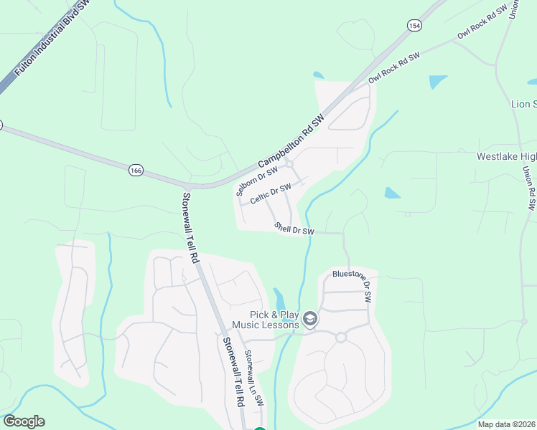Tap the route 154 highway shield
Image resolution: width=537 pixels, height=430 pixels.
coord(414,25)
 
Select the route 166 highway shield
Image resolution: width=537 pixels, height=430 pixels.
coord(136,170)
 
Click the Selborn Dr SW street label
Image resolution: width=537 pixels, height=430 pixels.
coord(256,178)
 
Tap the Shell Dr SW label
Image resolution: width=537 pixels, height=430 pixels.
coord(294,228)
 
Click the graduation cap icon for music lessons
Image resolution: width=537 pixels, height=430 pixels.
coord(310,319)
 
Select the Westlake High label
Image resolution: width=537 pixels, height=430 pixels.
coord(507,156)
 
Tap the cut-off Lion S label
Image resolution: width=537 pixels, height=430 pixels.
coord(523,104)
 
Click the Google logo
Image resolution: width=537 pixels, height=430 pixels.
coord(24,421)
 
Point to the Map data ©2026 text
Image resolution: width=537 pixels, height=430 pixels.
coord(506,424)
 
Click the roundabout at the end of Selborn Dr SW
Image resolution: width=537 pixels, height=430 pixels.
coord(289,164)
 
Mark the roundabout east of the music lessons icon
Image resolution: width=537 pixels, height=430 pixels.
coord(340,337)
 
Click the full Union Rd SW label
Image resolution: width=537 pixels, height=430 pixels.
coord(528,188)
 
